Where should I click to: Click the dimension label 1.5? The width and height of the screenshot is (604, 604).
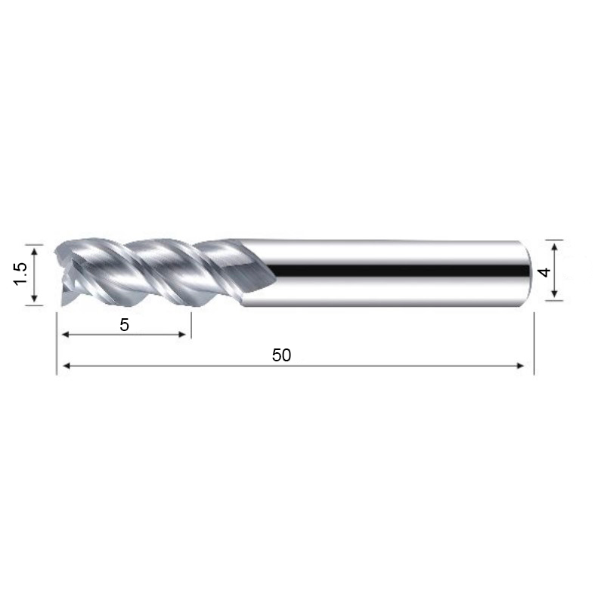tap(20, 274)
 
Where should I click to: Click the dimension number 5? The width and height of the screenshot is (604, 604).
tap(124, 325)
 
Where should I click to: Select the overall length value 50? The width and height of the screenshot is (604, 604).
tap(281, 355)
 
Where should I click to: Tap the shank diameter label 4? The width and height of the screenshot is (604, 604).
tap(545, 272)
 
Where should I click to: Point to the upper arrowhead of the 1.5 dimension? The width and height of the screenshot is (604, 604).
tap(34, 251)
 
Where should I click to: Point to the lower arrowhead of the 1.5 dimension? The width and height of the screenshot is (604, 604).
tap(34, 297)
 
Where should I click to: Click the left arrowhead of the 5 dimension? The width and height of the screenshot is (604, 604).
tap(66, 334)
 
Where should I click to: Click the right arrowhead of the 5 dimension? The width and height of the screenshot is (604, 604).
tap(182, 334)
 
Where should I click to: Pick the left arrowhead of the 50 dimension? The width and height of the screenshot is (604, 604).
tap(67, 366)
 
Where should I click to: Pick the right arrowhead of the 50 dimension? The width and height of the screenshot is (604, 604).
tap(520, 366)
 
